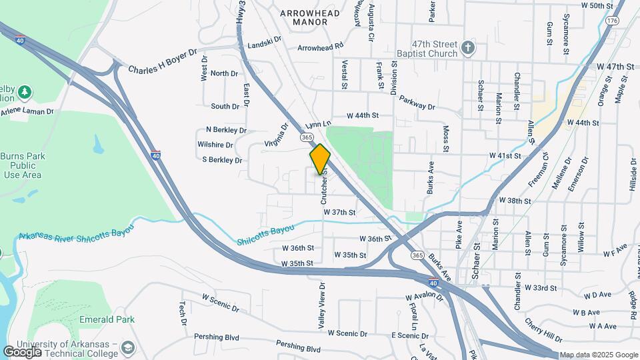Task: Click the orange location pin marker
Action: pyautogui.click(x=320, y=159)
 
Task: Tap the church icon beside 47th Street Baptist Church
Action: pyautogui.click(x=468, y=49)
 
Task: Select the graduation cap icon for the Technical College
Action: pyautogui.click(x=127, y=347)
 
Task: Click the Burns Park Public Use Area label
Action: pyautogui.click(x=21, y=165)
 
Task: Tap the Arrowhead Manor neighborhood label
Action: pyautogui.click(x=309, y=17)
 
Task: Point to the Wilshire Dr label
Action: pyautogui.click(x=215, y=145)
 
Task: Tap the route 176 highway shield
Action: pyautogui.click(x=611, y=21)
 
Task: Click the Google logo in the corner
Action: pyautogui.click(x=22, y=351)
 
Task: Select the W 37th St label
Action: pyautogui.click(x=339, y=212)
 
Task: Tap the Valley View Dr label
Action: pyautogui.click(x=322, y=304)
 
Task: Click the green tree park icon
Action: pyautogui.click(x=25, y=91)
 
